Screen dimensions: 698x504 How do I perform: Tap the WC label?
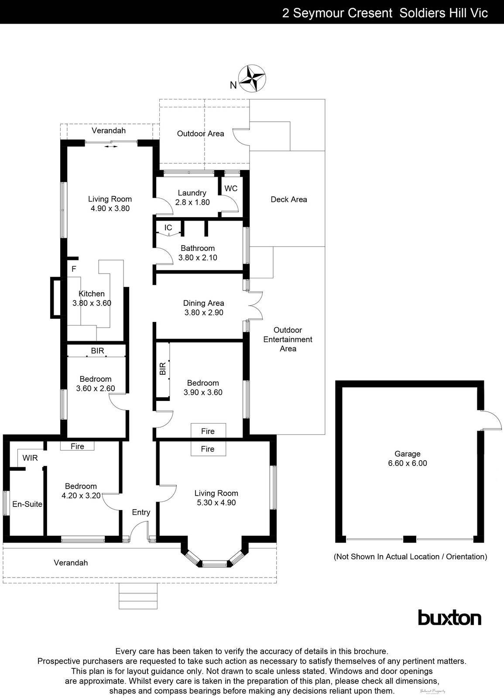pos(231,188)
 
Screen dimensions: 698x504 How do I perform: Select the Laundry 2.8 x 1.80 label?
pos(192,198)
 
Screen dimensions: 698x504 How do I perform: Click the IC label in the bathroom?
pos(168,228)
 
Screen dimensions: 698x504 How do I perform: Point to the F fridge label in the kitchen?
pos(74,269)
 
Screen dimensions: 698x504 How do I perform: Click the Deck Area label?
pos(288,199)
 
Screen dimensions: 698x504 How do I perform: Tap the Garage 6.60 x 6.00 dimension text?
pos(407,463)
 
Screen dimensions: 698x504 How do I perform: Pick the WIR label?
pos(30,458)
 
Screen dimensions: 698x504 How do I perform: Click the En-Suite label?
pos(27,504)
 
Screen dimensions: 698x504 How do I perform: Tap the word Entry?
pos(141,512)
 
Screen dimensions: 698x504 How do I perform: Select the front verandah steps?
pos(138,596)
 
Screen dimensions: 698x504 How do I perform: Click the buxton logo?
pos(449,618)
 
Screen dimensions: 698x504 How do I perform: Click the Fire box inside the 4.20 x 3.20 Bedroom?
pos(77,446)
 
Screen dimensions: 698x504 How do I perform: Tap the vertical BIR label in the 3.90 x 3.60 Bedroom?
pos(163,369)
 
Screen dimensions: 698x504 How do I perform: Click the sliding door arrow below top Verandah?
pos(111,147)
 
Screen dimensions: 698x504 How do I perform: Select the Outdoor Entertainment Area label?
pos(288,339)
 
